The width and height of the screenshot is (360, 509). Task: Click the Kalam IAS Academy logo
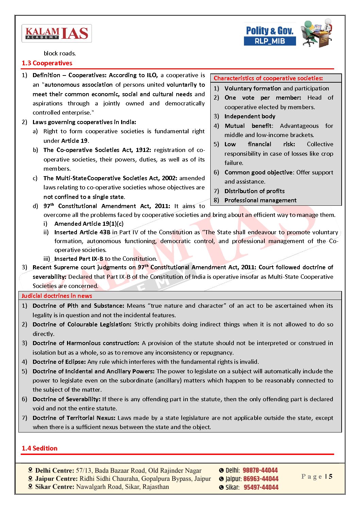[56, 33]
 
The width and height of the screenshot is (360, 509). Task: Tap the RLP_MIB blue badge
[269, 41]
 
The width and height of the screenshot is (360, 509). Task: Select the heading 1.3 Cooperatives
[47, 63]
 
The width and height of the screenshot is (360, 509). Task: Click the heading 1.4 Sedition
[39, 448]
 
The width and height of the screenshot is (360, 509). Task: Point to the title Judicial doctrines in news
[57, 296]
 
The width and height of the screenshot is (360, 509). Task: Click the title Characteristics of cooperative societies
[268, 78]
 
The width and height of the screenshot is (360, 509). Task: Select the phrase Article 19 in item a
[75, 141]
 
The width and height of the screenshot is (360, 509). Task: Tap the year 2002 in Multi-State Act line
[169, 178]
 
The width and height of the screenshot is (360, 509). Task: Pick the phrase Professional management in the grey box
[260, 200]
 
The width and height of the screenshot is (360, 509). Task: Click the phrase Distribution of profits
[255, 191]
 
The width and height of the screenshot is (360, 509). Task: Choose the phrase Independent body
[250, 116]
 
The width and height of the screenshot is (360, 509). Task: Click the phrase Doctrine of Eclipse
[59, 362]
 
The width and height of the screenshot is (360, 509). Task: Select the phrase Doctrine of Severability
[66, 399]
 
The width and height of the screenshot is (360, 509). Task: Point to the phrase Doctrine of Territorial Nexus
[74, 418]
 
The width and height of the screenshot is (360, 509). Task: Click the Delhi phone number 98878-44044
[260, 470]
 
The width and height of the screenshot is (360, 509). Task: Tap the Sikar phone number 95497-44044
[261, 487]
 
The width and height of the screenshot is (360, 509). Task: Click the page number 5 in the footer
[330, 476]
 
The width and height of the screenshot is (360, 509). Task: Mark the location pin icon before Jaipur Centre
[31, 478]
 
